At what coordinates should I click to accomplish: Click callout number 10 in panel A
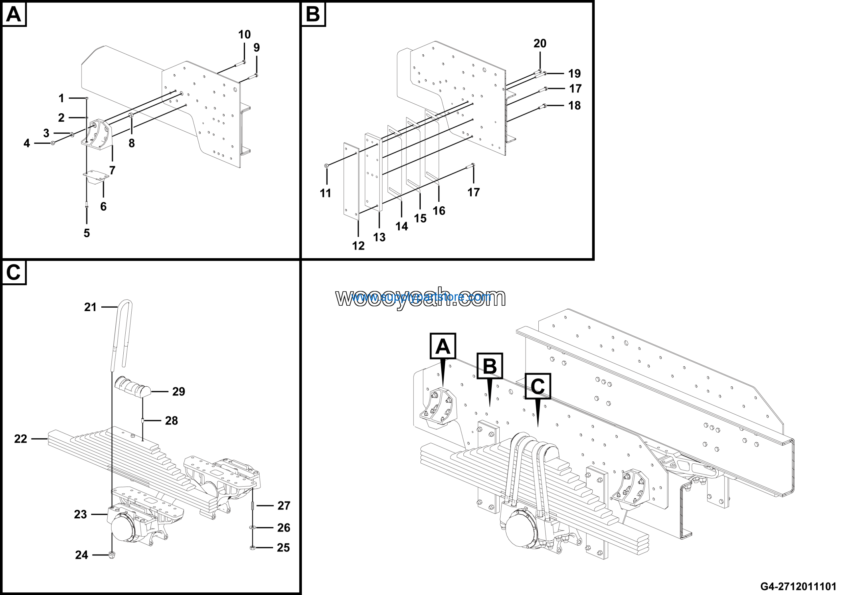click(x=244, y=35)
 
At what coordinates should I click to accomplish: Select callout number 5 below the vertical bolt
click(x=87, y=233)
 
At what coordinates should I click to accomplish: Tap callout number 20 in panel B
click(x=540, y=43)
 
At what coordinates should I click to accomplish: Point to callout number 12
click(x=358, y=246)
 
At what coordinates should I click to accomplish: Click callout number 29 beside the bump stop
click(x=179, y=391)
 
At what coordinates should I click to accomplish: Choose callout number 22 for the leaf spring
click(x=20, y=439)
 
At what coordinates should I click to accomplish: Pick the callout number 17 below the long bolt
click(x=473, y=192)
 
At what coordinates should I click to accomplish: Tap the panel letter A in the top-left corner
click(x=14, y=15)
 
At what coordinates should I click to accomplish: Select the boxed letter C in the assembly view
click(x=538, y=386)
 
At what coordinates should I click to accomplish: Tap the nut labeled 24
click(x=112, y=555)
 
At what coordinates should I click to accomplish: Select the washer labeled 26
click(x=252, y=528)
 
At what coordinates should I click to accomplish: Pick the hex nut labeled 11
click(x=326, y=166)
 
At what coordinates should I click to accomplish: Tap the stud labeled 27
click(x=252, y=505)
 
